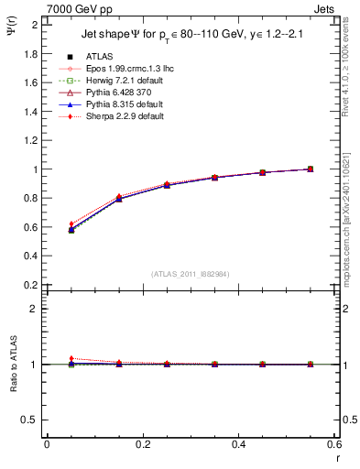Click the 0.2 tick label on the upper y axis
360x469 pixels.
31,285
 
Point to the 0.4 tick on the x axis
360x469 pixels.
238,444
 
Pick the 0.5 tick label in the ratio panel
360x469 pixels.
31,420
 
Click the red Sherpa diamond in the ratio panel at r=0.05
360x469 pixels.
71,359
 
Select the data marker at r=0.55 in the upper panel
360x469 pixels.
310,169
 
